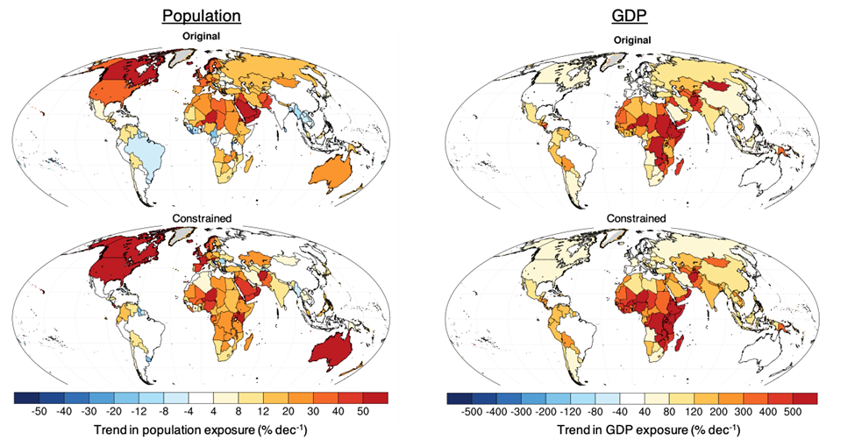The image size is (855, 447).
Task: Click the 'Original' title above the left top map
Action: pos(201,36)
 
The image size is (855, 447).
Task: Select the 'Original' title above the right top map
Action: pos(632,40)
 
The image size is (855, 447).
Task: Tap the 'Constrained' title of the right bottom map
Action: pos(632,218)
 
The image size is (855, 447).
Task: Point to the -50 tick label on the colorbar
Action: pos(39,411)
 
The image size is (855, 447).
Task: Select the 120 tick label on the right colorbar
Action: pos(645,411)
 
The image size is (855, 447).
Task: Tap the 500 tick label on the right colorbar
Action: pos(789,411)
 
